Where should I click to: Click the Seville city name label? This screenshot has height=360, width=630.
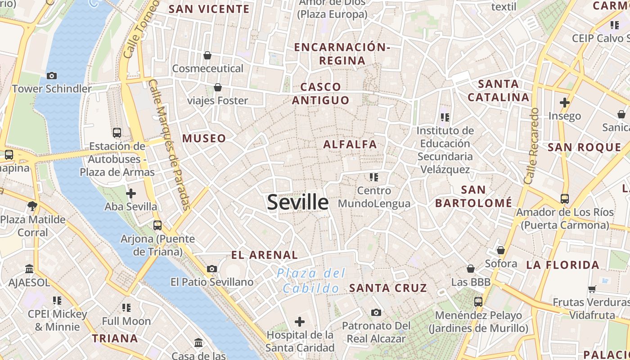tap(297, 202)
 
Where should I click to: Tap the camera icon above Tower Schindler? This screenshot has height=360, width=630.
tap(52, 76)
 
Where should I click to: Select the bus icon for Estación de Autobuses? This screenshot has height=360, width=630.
tap(117, 132)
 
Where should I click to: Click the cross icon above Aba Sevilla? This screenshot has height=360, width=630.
tap(130, 193)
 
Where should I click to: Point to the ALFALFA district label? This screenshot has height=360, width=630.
tap(350, 144)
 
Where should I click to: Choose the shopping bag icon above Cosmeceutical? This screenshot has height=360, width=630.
tap(207, 55)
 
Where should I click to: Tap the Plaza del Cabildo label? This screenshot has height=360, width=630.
tap(311, 280)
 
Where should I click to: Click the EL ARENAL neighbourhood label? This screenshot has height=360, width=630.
tap(264, 255)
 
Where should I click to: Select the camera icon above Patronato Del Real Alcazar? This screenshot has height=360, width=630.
tap(376, 312)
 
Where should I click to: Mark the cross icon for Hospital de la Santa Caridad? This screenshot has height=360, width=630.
tap(300, 322)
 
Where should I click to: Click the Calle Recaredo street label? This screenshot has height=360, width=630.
tap(531, 146)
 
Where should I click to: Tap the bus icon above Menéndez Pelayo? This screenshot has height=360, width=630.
tap(478, 301)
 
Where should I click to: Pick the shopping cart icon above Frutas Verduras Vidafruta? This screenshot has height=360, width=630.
tap(592, 289)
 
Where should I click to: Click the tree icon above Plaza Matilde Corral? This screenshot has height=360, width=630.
tap(32, 206)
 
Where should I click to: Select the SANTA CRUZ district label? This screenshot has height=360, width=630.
tap(388, 288)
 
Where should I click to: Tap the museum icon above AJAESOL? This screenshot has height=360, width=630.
tap(29, 269)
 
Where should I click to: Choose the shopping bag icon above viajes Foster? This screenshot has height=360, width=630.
tap(218, 87)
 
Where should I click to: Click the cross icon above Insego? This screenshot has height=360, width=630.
tap(565, 103)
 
